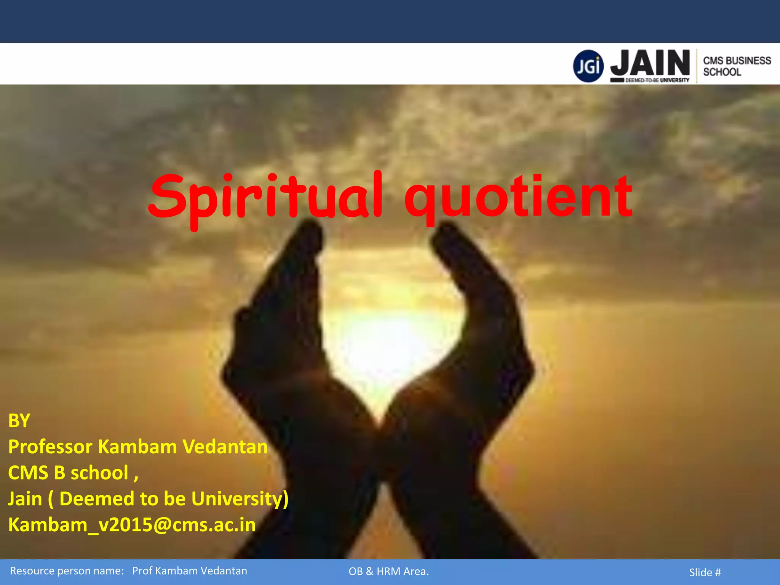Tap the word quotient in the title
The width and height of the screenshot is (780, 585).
pyautogui.click(x=518, y=196)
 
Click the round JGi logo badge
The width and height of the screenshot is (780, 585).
pyautogui.click(x=588, y=66)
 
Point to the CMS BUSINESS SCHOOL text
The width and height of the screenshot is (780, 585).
pyautogui.click(x=737, y=66)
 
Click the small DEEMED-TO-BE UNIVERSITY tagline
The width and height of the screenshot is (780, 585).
pyautogui.click(x=657, y=80)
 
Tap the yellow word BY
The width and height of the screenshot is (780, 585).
pyautogui.click(x=19, y=421)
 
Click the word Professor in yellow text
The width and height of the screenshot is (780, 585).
pyautogui.click(x=50, y=447)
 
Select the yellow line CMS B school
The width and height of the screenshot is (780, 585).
pyautogui.click(x=72, y=473)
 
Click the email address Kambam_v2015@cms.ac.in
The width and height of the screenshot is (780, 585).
pyautogui.click(x=132, y=525)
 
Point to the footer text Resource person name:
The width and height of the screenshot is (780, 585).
pyautogui.click(x=67, y=571)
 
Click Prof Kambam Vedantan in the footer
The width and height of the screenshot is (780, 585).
pyautogui.click(x=190, y=571)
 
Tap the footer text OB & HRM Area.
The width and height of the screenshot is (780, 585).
pyautogui.click(x=388, y=571)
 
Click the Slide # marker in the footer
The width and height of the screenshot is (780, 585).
pyautogui.click(x=705, y=572)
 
